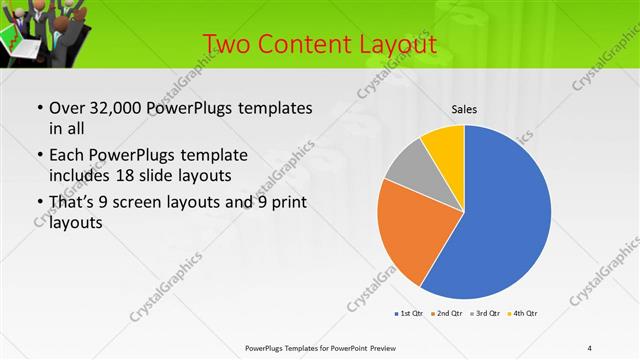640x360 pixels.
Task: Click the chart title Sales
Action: pos(463,108)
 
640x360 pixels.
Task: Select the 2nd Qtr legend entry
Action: pos(448,314)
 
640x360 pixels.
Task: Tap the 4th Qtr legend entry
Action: pos(525,314)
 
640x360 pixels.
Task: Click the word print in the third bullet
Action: pos(287,203)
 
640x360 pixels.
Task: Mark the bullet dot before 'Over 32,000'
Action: pos(39,108)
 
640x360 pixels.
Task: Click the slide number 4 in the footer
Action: pos(590,347)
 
